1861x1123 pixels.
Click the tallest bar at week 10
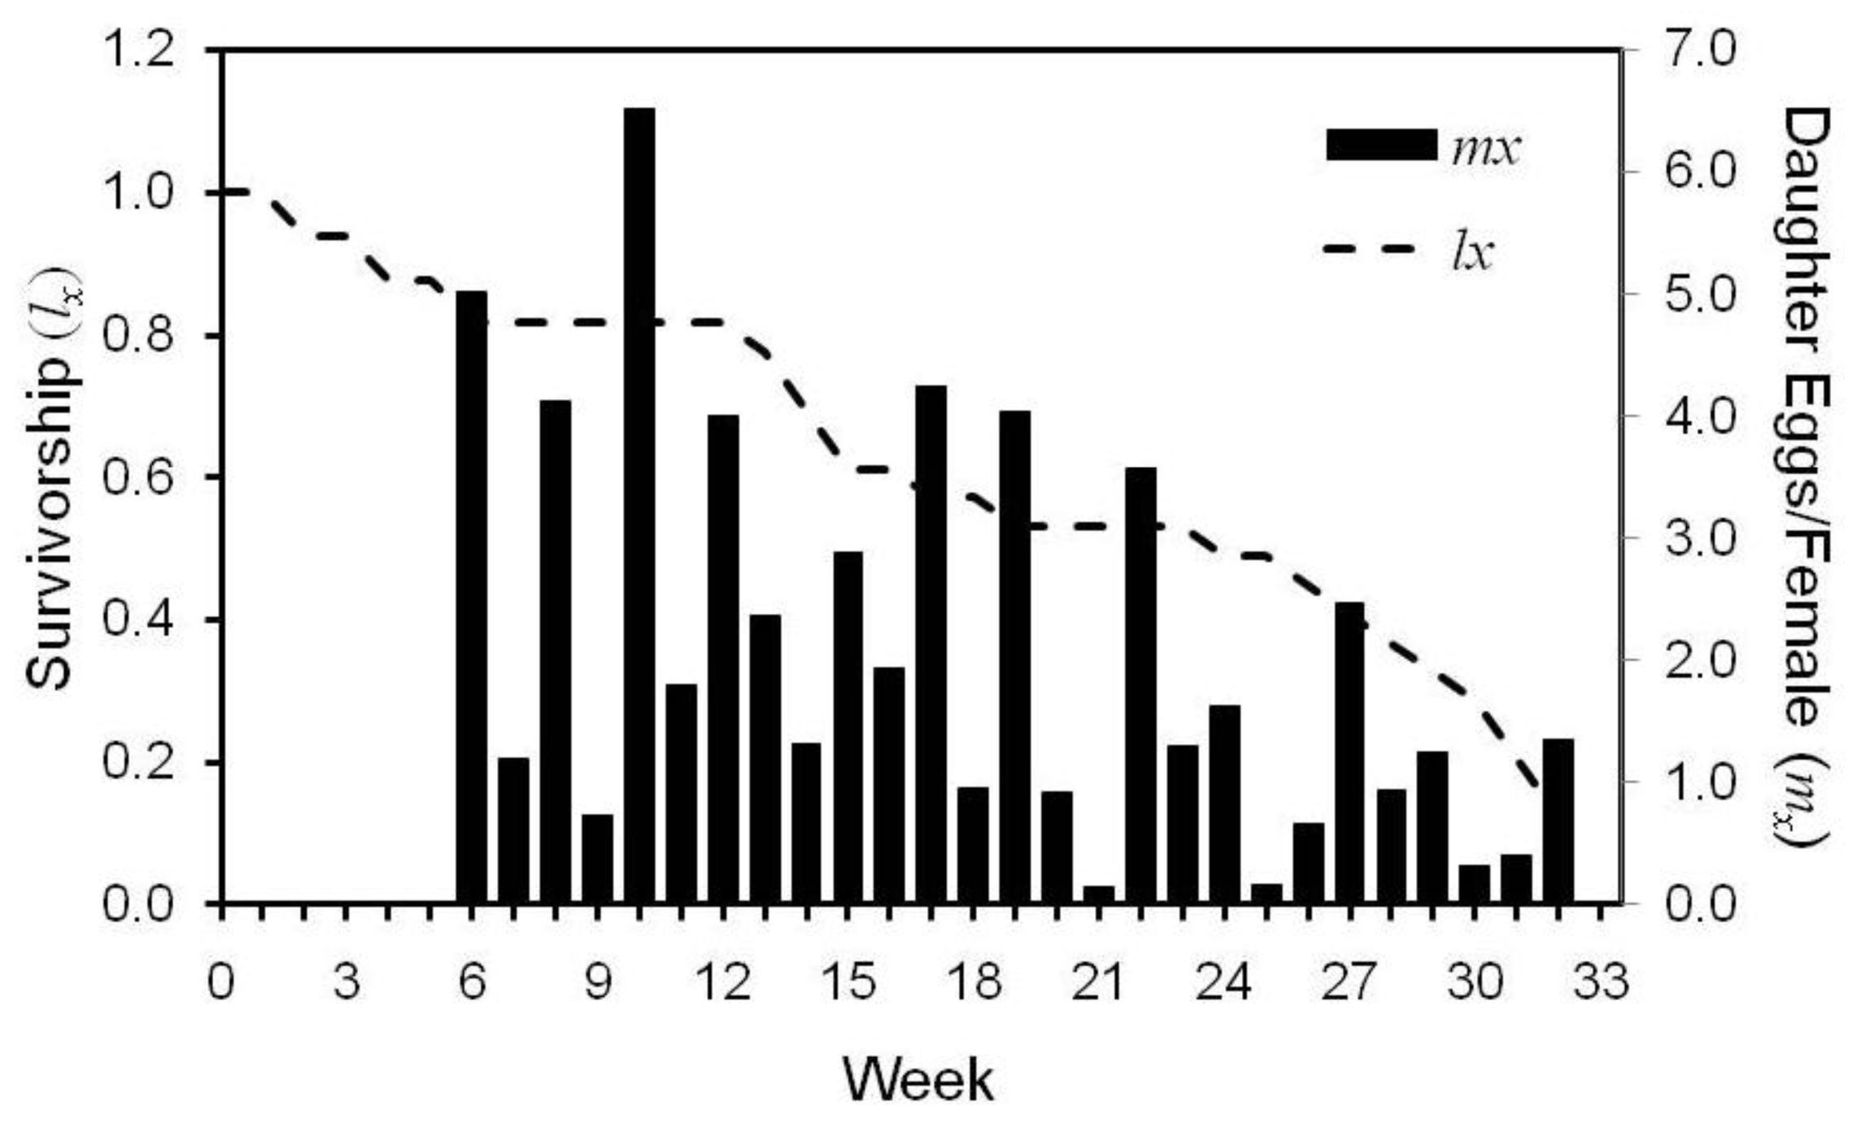[x=639, y=504]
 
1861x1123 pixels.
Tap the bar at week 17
[x=930, y=642]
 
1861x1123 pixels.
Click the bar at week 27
[x=1349, y=751]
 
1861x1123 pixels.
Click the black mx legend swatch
[x=1381, y=145]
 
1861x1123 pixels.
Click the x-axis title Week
[x=918, y=1080]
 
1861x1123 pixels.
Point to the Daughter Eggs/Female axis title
[x=1806, y=480]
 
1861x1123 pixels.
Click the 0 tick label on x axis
[x=220, y=982]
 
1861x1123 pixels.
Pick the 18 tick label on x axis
[x=974, y=982]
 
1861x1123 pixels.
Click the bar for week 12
[x=723, y=658]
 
